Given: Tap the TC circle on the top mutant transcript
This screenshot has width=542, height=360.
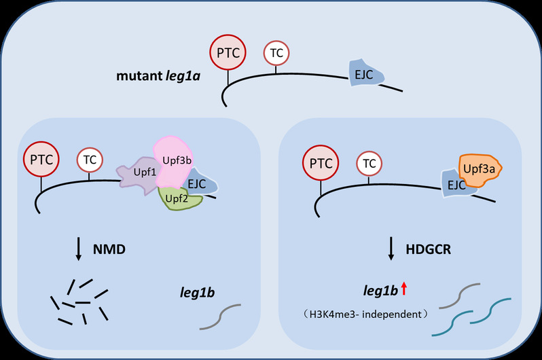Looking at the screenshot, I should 276,52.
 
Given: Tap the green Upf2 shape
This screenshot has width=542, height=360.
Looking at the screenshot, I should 180,199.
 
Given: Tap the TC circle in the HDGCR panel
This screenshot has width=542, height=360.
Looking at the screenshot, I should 369,163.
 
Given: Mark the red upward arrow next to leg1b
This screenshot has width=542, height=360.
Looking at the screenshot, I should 403,290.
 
